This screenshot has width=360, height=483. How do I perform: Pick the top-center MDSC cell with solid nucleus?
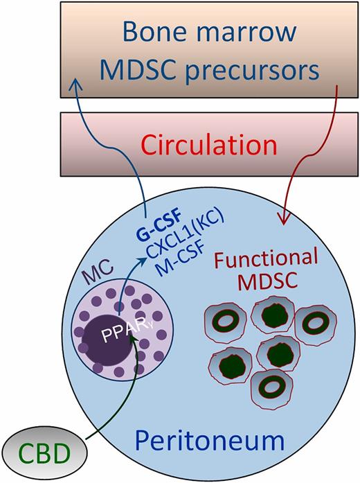[271, 317]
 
